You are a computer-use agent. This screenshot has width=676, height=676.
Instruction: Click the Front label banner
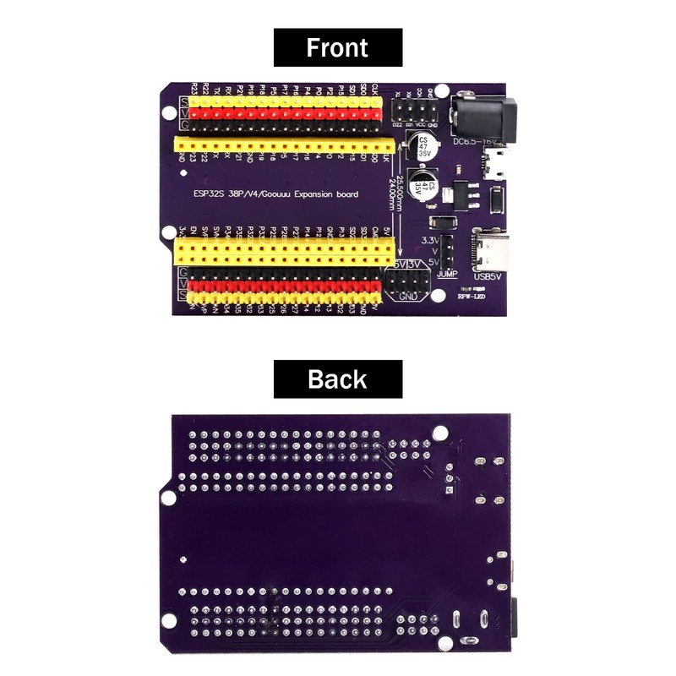337,47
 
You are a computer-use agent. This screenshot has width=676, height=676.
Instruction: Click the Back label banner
337,379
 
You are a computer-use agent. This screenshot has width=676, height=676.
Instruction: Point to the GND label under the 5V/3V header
409,297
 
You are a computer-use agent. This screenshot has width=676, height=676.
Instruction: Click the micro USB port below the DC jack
498,163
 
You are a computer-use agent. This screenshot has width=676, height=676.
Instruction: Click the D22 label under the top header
397,124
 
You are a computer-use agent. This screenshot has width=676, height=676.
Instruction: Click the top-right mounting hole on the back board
439,433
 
